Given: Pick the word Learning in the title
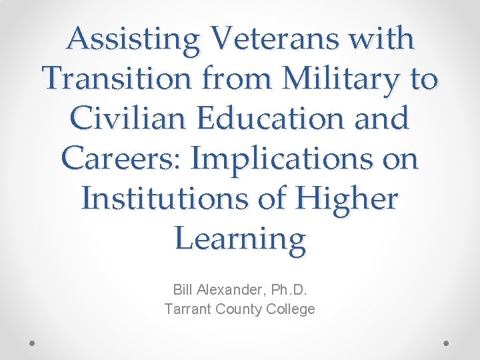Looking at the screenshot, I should click(x=240, y=239).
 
